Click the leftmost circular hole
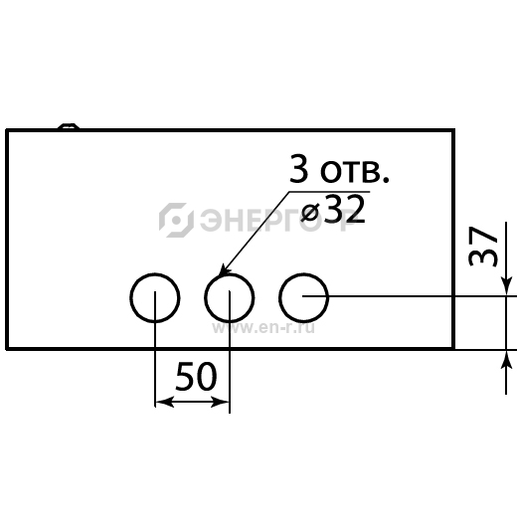pyautogui.click(x=130, y=297)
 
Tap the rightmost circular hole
pyautogui.click(x=279, y=297)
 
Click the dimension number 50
pyautogui.click(x=196, y=376)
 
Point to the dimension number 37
pyautogui.click(x=483, y=247)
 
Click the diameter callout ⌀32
pyautogui.click(x=333, y=210)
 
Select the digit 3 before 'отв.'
pyautogui.click(x=298, y=168)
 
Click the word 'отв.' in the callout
pyautogui.click(x=355, y=172)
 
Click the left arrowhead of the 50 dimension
pyautogui.click(x=164, y=402)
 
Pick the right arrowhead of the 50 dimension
pyautogui.click(x=220, y=402)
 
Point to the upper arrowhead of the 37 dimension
pyautogui.click(x=506, y=286)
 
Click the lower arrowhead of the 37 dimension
pyautogui.click(x=506, y=360)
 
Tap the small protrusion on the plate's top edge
pyautogui.click(x=69, y=126)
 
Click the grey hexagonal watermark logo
pyautogui.click(x=176, y=220)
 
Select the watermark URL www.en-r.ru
pyautogui.click(x=263, y=328)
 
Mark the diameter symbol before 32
pyautogui.click(x=310, y=212)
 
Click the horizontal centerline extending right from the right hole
pyautogui.click(x=410, y=296)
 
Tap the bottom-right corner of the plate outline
pyautogui.click(x=453, y=349)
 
